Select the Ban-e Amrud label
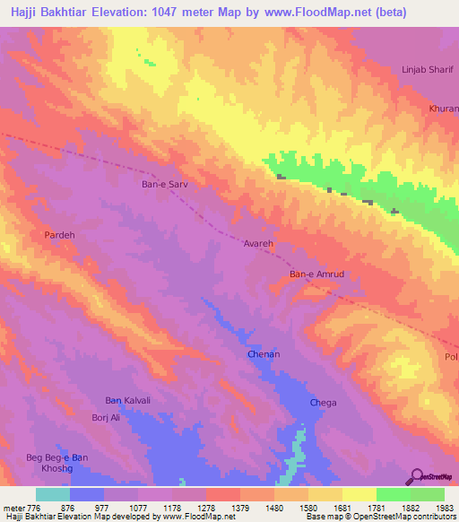tap(316, 274)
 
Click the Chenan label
tap(264, 355)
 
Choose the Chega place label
tap(323, 403)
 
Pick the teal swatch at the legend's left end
tap(53, 494)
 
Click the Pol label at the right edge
tap(451, 357)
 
